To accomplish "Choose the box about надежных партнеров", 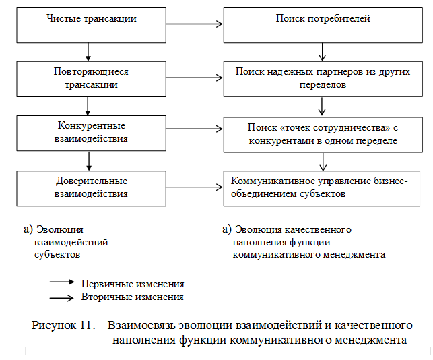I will [323, 78].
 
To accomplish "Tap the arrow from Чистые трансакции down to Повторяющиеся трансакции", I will [88, 50].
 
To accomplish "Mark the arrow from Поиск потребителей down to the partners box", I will [323, 50].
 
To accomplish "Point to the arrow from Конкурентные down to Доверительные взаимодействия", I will [88, 160].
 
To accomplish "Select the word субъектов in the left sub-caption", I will [57, 256].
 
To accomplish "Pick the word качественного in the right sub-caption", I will [321, 230].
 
